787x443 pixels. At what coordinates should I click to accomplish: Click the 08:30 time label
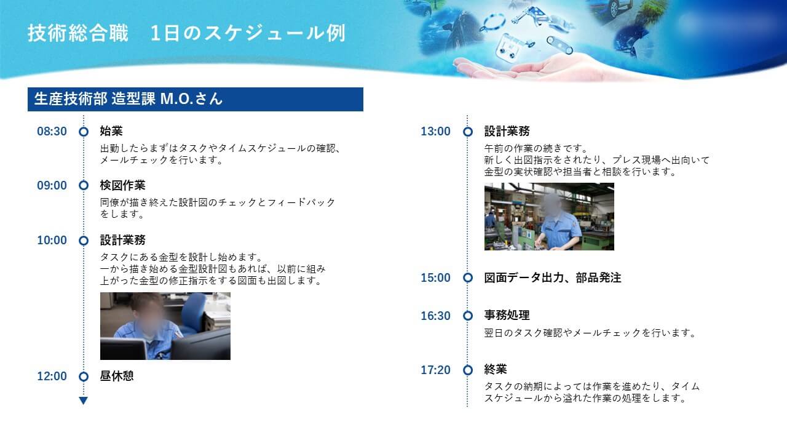tap(52, 132)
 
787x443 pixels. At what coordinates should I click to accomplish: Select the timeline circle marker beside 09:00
tap(84, 185)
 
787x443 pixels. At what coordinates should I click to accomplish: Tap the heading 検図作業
tap(122, 185)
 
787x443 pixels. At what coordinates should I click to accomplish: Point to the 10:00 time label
tap(52, 241)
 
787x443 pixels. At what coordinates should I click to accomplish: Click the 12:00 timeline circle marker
tap(84, 377)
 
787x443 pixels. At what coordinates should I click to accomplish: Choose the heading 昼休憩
tap(117, 376)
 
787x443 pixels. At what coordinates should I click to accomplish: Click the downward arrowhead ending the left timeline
tap(83, 401)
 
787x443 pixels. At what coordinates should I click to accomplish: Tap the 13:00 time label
tap(436, 132)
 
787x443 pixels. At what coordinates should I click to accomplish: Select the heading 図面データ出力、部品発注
tap(553, 277)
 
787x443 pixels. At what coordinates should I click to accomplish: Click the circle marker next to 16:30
tap(468, 316)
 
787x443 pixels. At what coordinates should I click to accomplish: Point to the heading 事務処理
tap(507, 315)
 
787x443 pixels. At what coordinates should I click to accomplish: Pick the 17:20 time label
tap(436, 370)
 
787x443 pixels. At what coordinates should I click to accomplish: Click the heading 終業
tap(496, 370)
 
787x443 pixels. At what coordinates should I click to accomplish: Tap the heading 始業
tap(111, 131)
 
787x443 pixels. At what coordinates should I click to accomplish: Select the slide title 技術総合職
tap(78, 33)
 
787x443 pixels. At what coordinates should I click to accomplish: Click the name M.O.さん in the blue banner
tap(191, 99)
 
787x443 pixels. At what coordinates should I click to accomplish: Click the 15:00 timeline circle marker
tap(468, 277)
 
